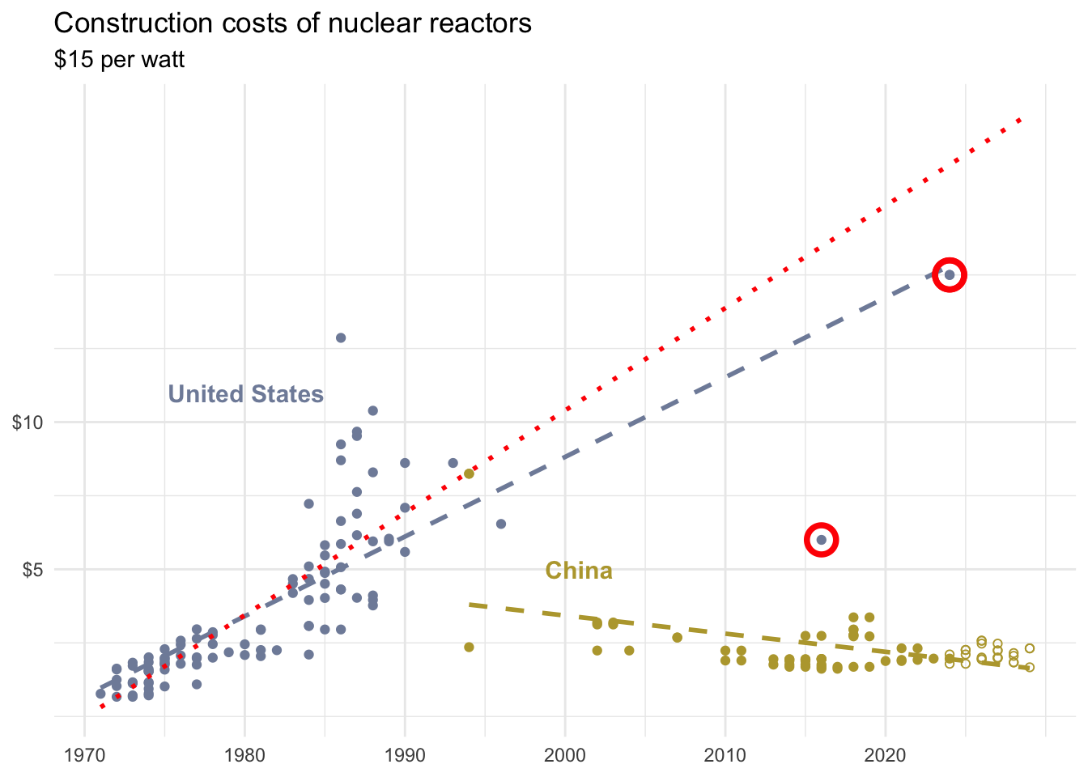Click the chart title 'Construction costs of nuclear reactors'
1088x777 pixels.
tap(292, 23)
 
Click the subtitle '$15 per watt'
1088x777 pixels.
tap(119, 60)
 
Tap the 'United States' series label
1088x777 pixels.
tap(245, 394)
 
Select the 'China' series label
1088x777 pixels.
tap(578, 571)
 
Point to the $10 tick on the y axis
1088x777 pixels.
tap(28, 422)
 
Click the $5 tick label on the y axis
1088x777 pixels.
tap(32, 569)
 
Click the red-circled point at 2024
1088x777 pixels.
tap(950, 275)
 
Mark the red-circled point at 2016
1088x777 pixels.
tap(822, 540)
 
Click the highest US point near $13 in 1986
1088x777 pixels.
tap(341, 338)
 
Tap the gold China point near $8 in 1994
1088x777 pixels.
tap(469, 473)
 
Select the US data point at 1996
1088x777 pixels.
tap(501, 524)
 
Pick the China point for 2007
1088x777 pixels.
tap(678, 638)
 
